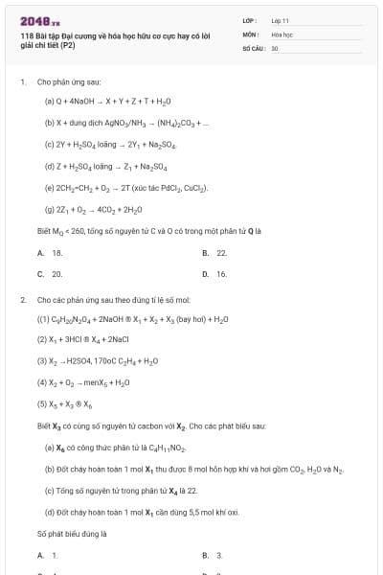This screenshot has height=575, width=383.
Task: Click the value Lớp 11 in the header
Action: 280,19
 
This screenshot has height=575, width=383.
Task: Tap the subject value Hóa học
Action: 282,34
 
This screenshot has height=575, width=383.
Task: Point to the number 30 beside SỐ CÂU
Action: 275,47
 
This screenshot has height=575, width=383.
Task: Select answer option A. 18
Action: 50,252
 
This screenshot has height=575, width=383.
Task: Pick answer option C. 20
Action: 50,273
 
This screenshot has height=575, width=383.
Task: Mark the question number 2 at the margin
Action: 22,299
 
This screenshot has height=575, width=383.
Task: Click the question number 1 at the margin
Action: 22,82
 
